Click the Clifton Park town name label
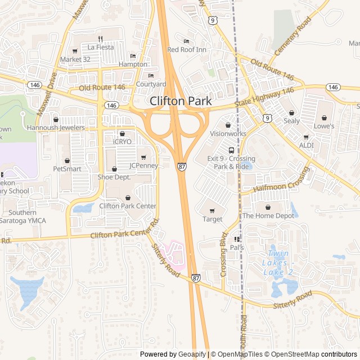181,101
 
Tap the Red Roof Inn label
187,49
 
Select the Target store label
212,219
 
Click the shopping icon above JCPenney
143,157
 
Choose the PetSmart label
67,168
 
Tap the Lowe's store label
324,126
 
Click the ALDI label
307,145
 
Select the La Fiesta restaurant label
100,47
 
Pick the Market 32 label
75,58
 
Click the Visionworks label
228,133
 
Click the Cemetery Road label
292,36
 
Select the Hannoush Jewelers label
56,128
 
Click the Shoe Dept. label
114,177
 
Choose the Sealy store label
291,120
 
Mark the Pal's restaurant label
237,247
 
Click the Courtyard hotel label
151,84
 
